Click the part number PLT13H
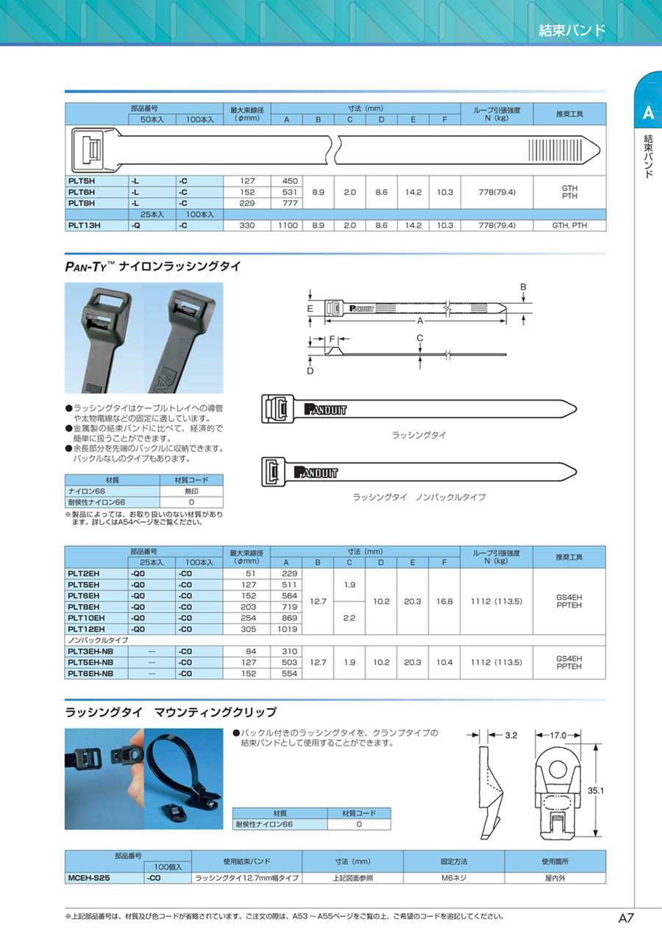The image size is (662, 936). point(81,226)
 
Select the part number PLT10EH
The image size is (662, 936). point(86,618)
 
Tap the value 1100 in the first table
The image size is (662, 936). point(288,226)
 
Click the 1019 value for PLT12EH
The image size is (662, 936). point(288,629)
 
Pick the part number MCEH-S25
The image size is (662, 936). point(89,878)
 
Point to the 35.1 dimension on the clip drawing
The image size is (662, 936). point(596,790)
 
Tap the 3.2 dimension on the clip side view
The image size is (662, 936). point(512,735)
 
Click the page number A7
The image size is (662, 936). point(627,918)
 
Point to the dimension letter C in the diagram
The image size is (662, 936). point(419,338)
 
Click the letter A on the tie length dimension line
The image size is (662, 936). point(420,321)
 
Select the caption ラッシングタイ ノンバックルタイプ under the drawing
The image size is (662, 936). point(419,498)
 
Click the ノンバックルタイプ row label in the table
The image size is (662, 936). point(98,640)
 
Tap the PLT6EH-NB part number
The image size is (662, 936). point(90,674)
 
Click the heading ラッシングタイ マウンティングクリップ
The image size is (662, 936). point(171,712)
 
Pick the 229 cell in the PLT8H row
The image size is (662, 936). point(247,203)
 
